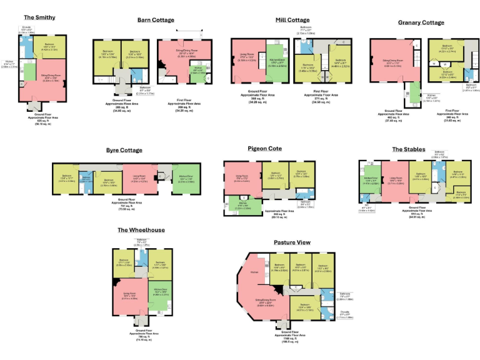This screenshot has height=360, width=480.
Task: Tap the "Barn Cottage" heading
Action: (156, 20)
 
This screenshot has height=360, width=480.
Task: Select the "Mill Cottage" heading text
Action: (292, 20)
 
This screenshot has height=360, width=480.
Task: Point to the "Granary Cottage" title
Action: (421, 22)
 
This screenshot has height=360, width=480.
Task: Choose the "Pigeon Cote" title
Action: (265, 149)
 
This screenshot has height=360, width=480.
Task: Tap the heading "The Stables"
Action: (409, 149)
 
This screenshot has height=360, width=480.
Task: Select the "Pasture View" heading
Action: (293, 242)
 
